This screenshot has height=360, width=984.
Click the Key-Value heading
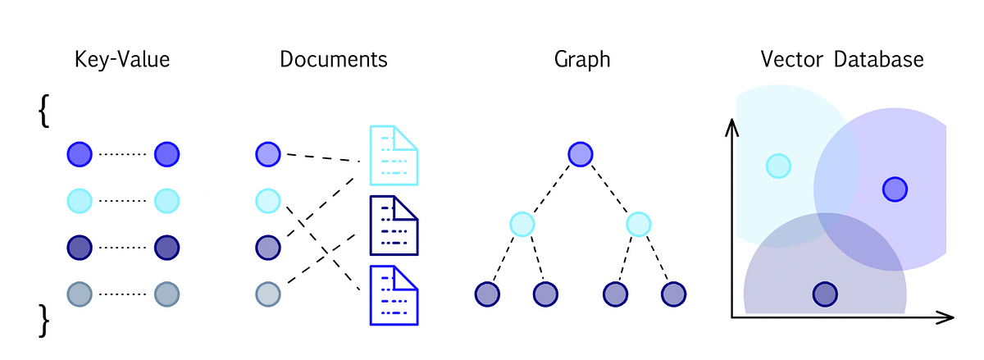point(121,60)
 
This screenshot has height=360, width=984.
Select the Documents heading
point(333,60)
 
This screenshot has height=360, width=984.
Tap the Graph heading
point(582,60)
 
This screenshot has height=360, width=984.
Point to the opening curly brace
point(44,111)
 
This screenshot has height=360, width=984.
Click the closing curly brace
point(44,321)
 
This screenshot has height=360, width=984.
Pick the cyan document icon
point(394,154)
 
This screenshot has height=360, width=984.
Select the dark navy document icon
point(394,224)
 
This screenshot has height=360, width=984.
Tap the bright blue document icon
point(394,294)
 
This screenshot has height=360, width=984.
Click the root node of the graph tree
point(581,154)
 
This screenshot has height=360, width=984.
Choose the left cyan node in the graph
point(522,223)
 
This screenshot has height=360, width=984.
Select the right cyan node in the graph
point(638,223)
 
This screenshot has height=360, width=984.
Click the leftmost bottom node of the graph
point(487,294)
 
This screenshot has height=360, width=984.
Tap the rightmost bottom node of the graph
point(673,294)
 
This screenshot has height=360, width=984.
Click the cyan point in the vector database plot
point(778,166)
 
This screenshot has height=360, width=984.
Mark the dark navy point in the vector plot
point(825,294)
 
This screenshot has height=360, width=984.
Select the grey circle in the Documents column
point(268,294)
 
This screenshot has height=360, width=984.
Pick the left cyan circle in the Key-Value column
point(80,200)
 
